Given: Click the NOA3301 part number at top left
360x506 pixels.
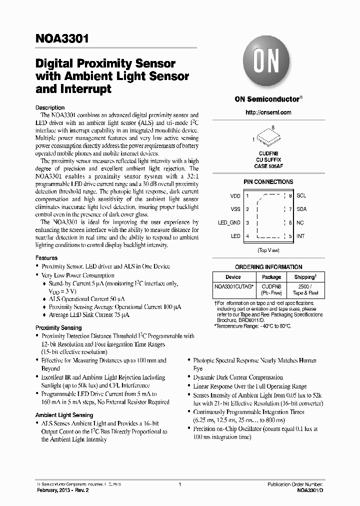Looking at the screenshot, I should coord(62,38).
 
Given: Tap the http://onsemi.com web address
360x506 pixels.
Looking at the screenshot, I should coord(268,112).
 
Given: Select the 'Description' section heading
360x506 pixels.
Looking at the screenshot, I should coord(50,107).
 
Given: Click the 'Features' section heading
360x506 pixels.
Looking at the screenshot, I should coord(46,258).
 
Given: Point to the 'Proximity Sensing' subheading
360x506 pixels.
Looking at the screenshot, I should coord(58,327).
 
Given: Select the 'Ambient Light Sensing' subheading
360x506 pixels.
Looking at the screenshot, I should coord(64,415).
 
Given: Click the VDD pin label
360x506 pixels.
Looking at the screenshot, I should coord(235,196).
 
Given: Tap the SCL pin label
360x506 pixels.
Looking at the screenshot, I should coord(301,196).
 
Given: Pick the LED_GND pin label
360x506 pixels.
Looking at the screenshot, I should coord(229,223).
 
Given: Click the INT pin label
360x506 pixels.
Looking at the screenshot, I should coord(300,236).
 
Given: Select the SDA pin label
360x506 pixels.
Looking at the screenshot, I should coord(301,209).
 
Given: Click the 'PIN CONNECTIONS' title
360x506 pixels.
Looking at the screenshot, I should coord(268,182).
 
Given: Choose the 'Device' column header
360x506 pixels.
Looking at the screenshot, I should coord(233,277).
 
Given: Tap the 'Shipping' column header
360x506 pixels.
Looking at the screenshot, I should coord(304,277).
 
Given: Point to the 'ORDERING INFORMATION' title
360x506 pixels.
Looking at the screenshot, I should coord(268,267).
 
